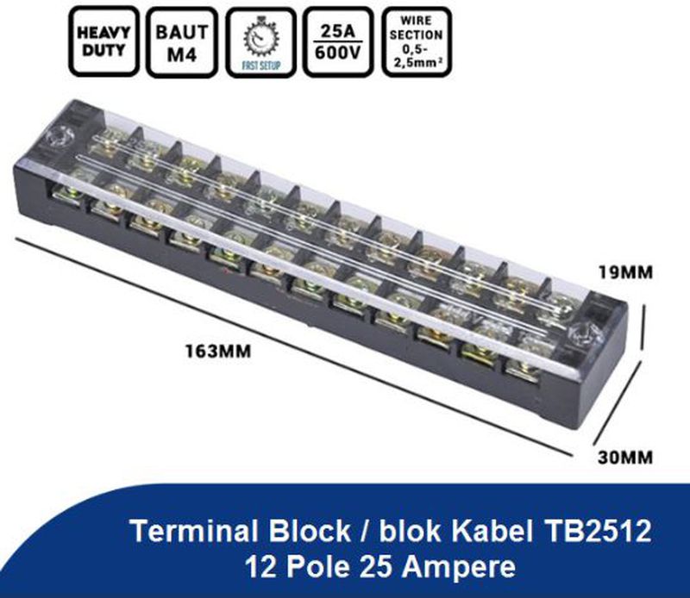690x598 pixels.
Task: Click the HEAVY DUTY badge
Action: pos(104,40)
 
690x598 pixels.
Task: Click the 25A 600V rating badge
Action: pos(337,40)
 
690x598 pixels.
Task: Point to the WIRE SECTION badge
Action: pos(416,40)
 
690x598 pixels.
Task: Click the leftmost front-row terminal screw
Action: pos(66,195)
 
